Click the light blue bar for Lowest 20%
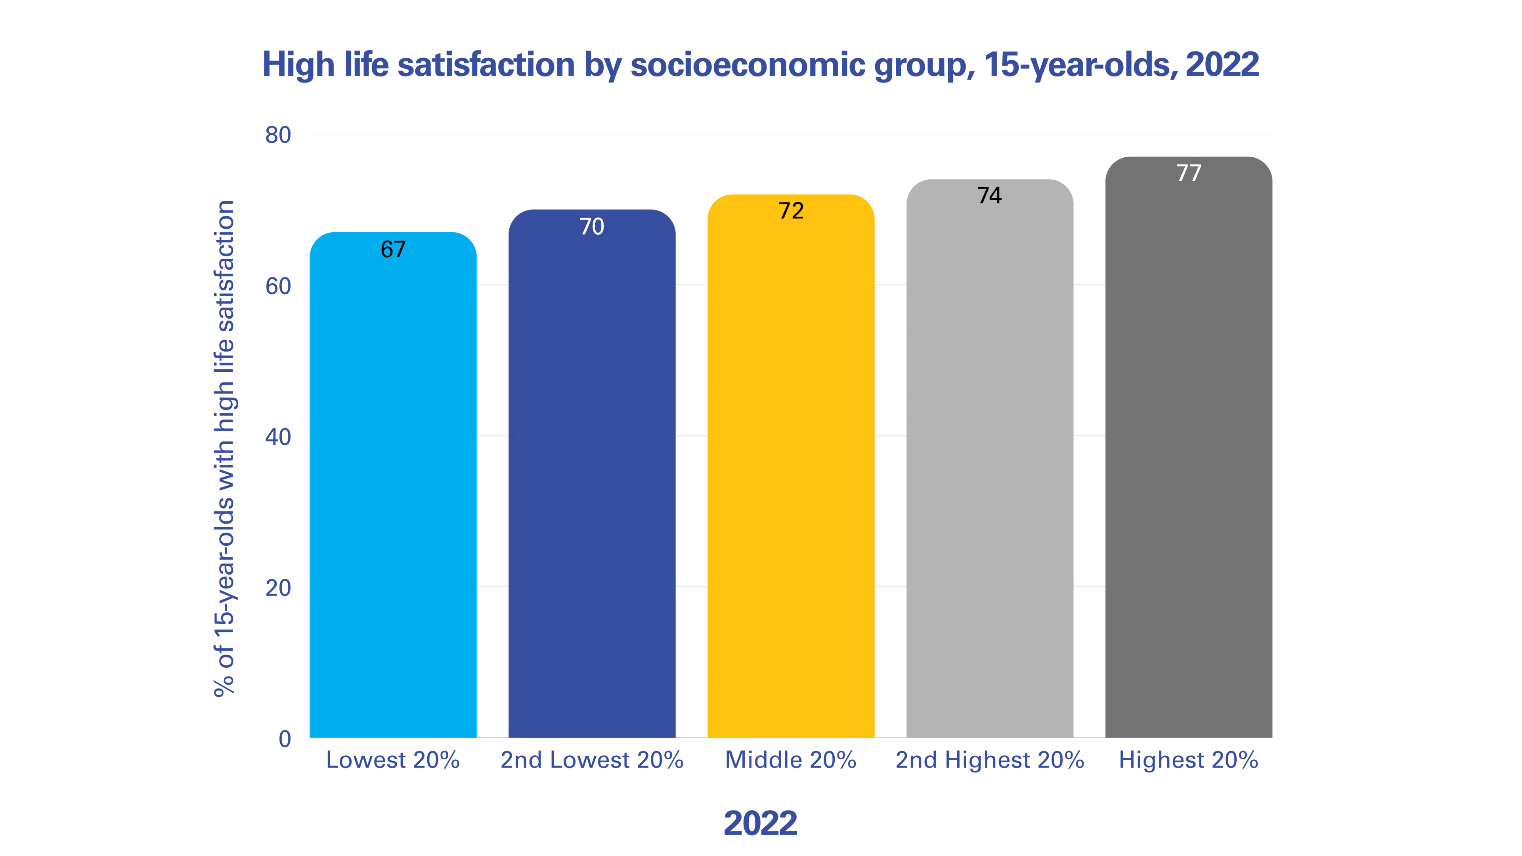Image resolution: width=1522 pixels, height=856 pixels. (393, 484)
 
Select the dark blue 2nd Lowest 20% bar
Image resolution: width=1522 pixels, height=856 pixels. (592, 473)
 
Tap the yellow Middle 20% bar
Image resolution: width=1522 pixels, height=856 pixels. (791, 466)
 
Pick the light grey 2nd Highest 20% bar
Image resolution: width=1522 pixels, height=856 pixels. (990, 459)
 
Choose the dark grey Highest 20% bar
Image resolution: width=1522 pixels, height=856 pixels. (1189, 447)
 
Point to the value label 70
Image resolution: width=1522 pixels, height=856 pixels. (592, 226)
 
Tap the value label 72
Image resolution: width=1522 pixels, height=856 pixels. (791, 211)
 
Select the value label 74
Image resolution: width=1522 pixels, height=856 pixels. (990, 195)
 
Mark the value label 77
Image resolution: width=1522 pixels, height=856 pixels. (1189, 173)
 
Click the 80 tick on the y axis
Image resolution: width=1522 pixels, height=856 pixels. (278, 135)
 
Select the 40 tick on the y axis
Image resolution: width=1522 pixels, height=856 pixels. (278, 437)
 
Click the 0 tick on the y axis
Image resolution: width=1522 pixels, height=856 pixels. (285, 739)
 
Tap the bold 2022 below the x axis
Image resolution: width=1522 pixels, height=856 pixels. (761, 823)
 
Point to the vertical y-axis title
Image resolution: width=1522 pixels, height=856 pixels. (224, 449)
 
